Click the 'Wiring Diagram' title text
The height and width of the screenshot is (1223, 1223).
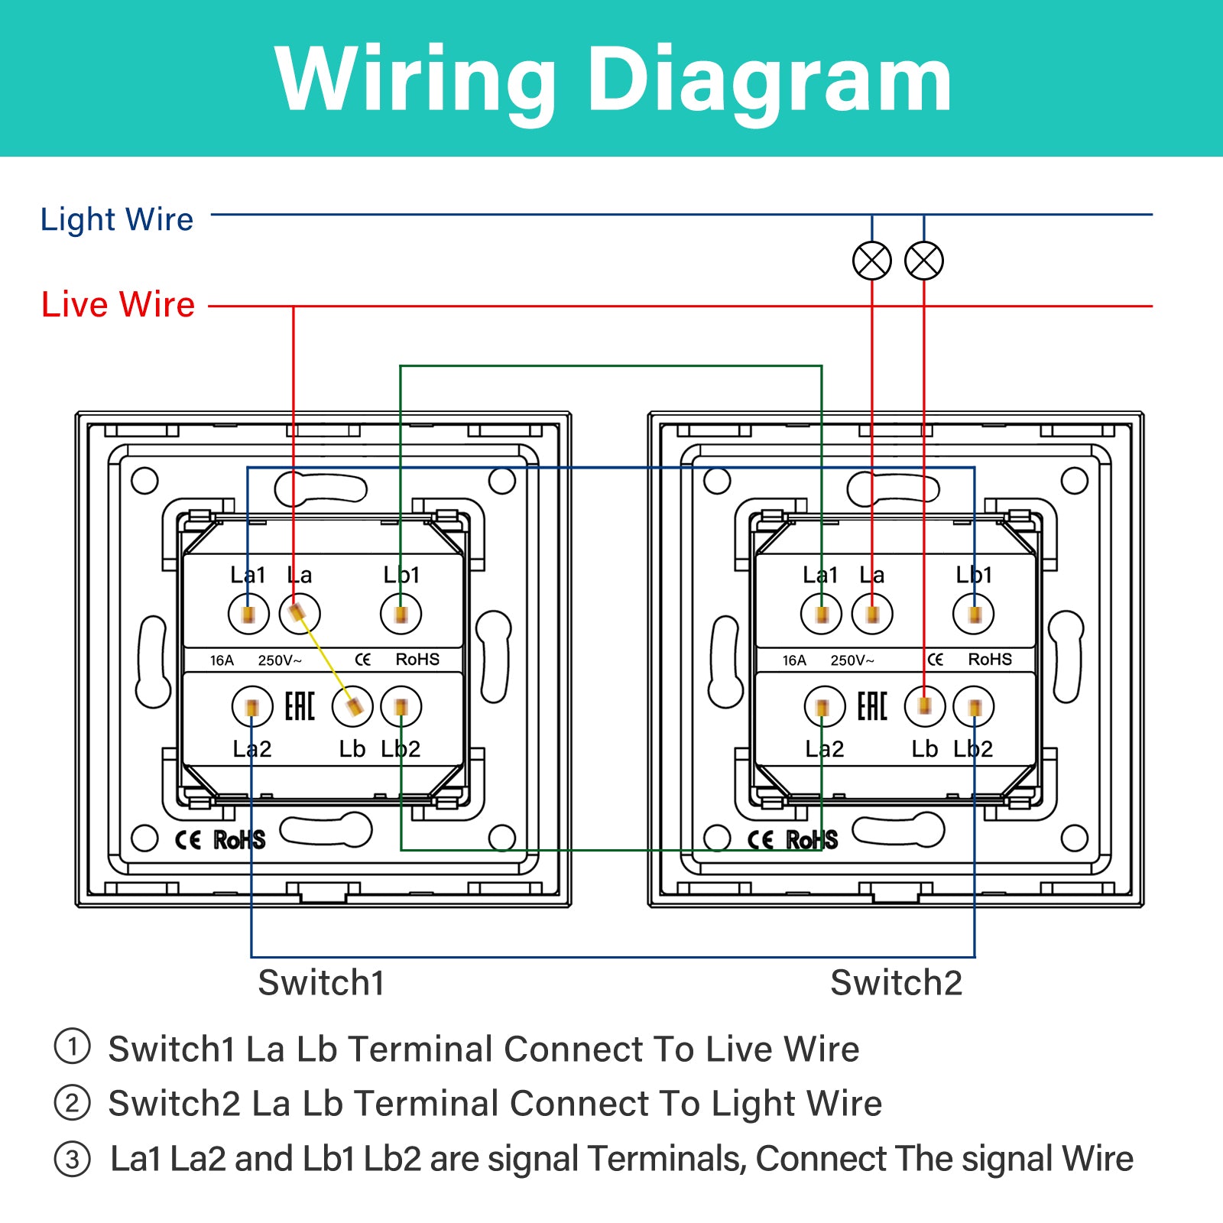tap(613, 79)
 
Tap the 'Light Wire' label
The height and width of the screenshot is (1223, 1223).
tap(117, 219)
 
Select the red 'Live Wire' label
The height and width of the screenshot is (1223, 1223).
tap(118, 304)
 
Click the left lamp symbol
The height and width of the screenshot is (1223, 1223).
tap(872, 261)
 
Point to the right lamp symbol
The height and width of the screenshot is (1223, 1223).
tap(924, 261)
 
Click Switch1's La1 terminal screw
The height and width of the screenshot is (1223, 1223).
tap(248, 614)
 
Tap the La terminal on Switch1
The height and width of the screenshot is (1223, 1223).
tap(300, 614)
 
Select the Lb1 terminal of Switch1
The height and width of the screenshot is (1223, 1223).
tap(401, 614)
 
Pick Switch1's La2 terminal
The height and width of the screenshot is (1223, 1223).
tap(252, 707)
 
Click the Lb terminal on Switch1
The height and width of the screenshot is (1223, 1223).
tap(352, 707)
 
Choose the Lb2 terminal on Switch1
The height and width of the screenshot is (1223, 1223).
tap(401, 707)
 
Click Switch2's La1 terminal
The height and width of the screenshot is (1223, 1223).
tap(822, 614)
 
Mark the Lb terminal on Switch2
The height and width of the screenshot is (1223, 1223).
tap(925, 707)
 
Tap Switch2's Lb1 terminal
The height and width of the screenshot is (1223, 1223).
tap(974, 614)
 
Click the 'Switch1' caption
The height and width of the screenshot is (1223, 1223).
tap(321, 983)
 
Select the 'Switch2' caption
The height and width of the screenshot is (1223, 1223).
tap(896, 983)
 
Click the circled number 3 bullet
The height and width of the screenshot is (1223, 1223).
tap(73, 1159)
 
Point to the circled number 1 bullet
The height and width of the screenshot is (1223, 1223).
tap(73, 1046)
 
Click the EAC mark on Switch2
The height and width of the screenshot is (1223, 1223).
tap(872, 706)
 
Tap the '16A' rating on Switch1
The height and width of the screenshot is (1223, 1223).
tap(222, 660)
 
